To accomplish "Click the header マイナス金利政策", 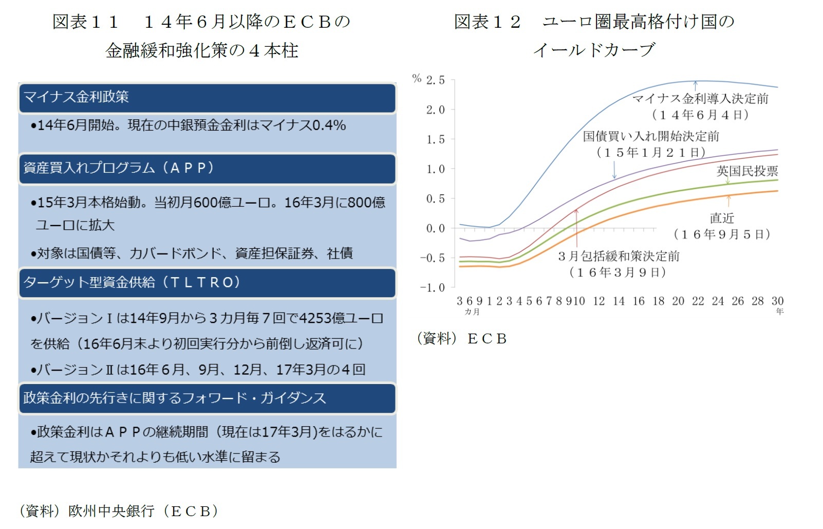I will tap(76, 97).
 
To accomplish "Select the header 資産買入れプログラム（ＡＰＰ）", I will tap(119, 168).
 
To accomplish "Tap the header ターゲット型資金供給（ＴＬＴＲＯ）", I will tap(132, 282).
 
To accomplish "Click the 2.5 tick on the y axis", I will tap(435, 80).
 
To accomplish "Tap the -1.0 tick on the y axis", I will tap(432, 288).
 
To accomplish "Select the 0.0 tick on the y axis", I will tap(435, 228).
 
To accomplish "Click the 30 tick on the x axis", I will tap(777, 301).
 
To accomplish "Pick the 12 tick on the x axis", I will tap(598, 301).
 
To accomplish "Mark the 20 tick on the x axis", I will tap(678, 301).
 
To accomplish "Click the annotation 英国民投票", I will tap(747, 171).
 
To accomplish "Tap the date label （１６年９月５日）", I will tap(722, 234).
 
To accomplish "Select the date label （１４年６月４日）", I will tap(700, 115).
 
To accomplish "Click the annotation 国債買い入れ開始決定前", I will tap(651, 136).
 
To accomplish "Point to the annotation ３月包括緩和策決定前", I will tap(619, 256).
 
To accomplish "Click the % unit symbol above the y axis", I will tap(417, 78).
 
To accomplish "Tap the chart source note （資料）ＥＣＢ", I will tap(461, 339).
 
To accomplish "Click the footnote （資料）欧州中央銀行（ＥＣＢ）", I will tap(119, 510).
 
